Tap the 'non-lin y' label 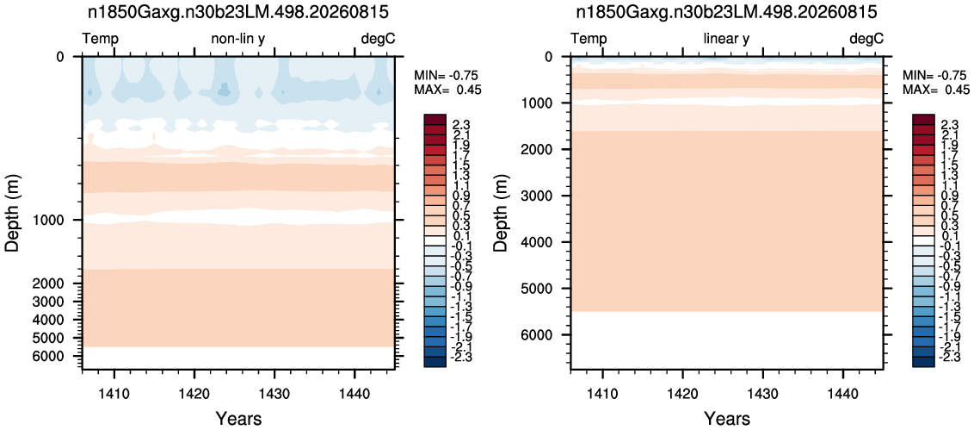(x=238, y=40)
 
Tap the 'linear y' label (x=726, y=40)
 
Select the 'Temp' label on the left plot (x=101, y=40)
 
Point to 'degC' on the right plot (x=866, y=40)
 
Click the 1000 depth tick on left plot (x=59, y=220)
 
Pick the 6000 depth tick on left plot (x=59, y=356)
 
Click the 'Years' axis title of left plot (x=238, y=418)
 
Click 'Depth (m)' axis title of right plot (x=502, y=212)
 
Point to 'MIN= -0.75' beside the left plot (x=447, y=75)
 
